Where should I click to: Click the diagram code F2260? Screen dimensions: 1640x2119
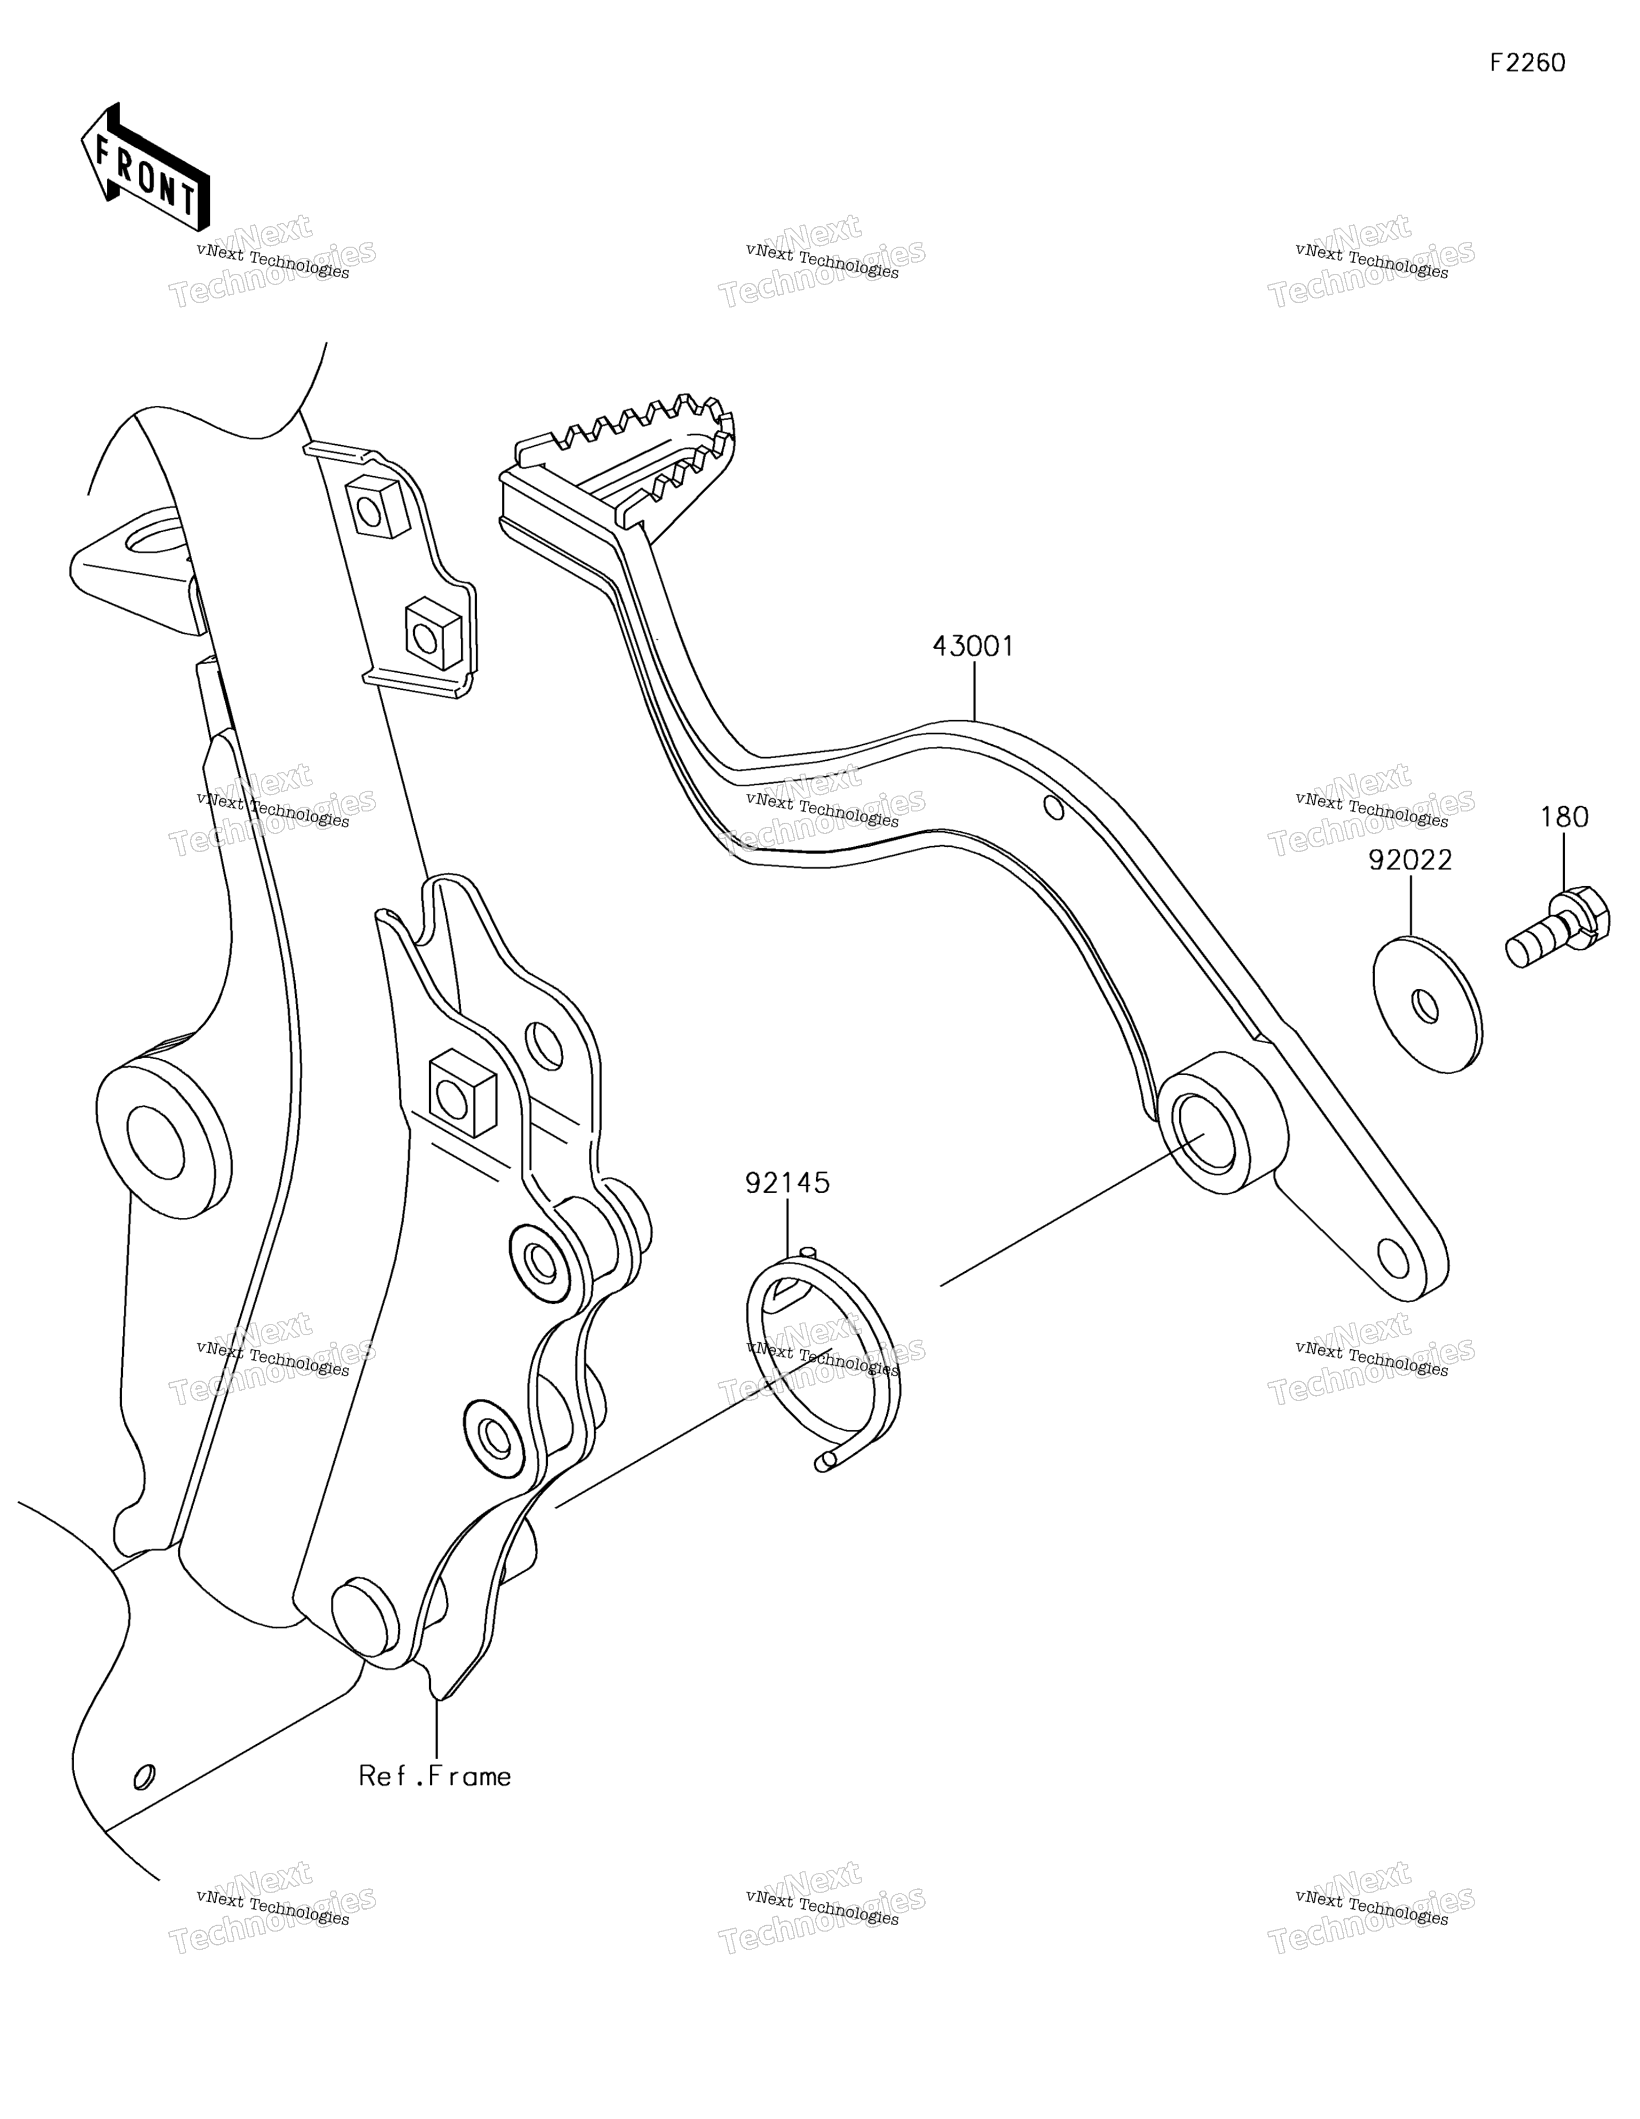click(x=1527, y=63)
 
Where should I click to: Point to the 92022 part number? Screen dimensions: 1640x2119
click(x=1410, y=860)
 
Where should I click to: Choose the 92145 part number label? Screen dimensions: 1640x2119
click(x=787, y=1183)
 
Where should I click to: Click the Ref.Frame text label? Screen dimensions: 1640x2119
click(x=435, y=1776)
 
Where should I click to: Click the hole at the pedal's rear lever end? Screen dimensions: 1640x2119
click(x=1392, y=1259)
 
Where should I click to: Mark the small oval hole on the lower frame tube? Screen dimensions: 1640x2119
click(x=144, y=1776)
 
